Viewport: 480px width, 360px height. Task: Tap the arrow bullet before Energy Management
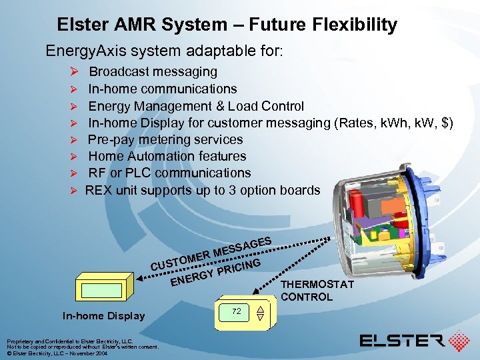point(76,106)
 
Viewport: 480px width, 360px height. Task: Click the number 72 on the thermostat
point(236,311)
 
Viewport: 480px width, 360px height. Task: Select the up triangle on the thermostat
point(261,307)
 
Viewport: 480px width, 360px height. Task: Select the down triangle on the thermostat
point(261,317)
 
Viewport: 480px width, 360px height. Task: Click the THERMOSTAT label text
point(317,285)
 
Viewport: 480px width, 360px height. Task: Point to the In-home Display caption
point(103,315)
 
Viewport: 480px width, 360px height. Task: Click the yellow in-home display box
point(99,290)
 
